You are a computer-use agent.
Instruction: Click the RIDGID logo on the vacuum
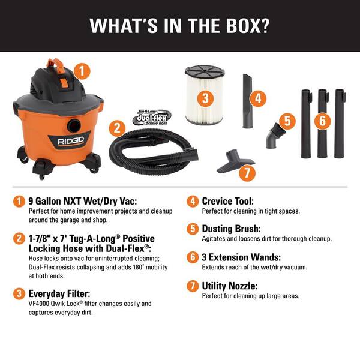click(x=71, y=141)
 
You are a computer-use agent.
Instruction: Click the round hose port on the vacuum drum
click(x=74, y=125)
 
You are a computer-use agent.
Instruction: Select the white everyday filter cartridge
click(x=205, y=95)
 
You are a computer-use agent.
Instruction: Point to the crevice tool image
click(x=247, y=101)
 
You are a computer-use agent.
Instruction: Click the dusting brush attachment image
click(x=274, y=136)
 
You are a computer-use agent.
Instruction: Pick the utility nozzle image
click(x=235, y=161)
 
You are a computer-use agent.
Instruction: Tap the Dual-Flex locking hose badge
click(x=152, y=118)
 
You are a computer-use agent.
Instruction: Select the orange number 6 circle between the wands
click(x=322, y=121)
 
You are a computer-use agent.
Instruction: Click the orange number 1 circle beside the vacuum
click(x=82, y=71)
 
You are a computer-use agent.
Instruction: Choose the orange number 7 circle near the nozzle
click(x=247, y=173)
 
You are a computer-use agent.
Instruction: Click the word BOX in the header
click(x=247, y=25)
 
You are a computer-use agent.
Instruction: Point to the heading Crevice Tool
click(x=228, y=201)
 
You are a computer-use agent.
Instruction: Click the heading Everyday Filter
click(x=59, y=293)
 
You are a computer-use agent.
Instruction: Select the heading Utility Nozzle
click(x=230, y=286)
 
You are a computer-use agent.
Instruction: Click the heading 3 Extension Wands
click(x=241, y=257)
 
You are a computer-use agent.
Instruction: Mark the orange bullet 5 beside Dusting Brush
click(x=193, y=229)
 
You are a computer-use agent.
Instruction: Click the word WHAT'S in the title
click(x=124, y=25)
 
